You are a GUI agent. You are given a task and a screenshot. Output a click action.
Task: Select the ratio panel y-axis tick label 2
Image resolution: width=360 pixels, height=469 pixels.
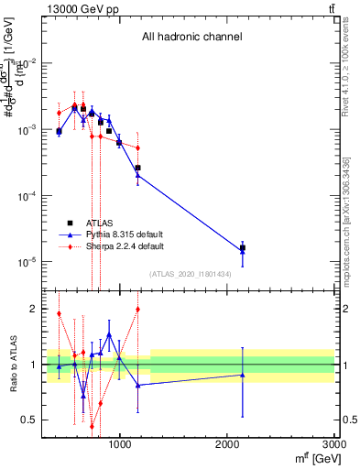point(30,309)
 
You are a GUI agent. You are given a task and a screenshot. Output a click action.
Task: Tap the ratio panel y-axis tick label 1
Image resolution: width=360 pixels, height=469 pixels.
point(30,365)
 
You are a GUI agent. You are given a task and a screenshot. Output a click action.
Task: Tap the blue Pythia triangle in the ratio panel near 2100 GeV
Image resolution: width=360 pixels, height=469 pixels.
point(243,375)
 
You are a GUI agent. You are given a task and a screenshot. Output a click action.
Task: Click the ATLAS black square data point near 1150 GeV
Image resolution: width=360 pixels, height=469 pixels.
point(137,168)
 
